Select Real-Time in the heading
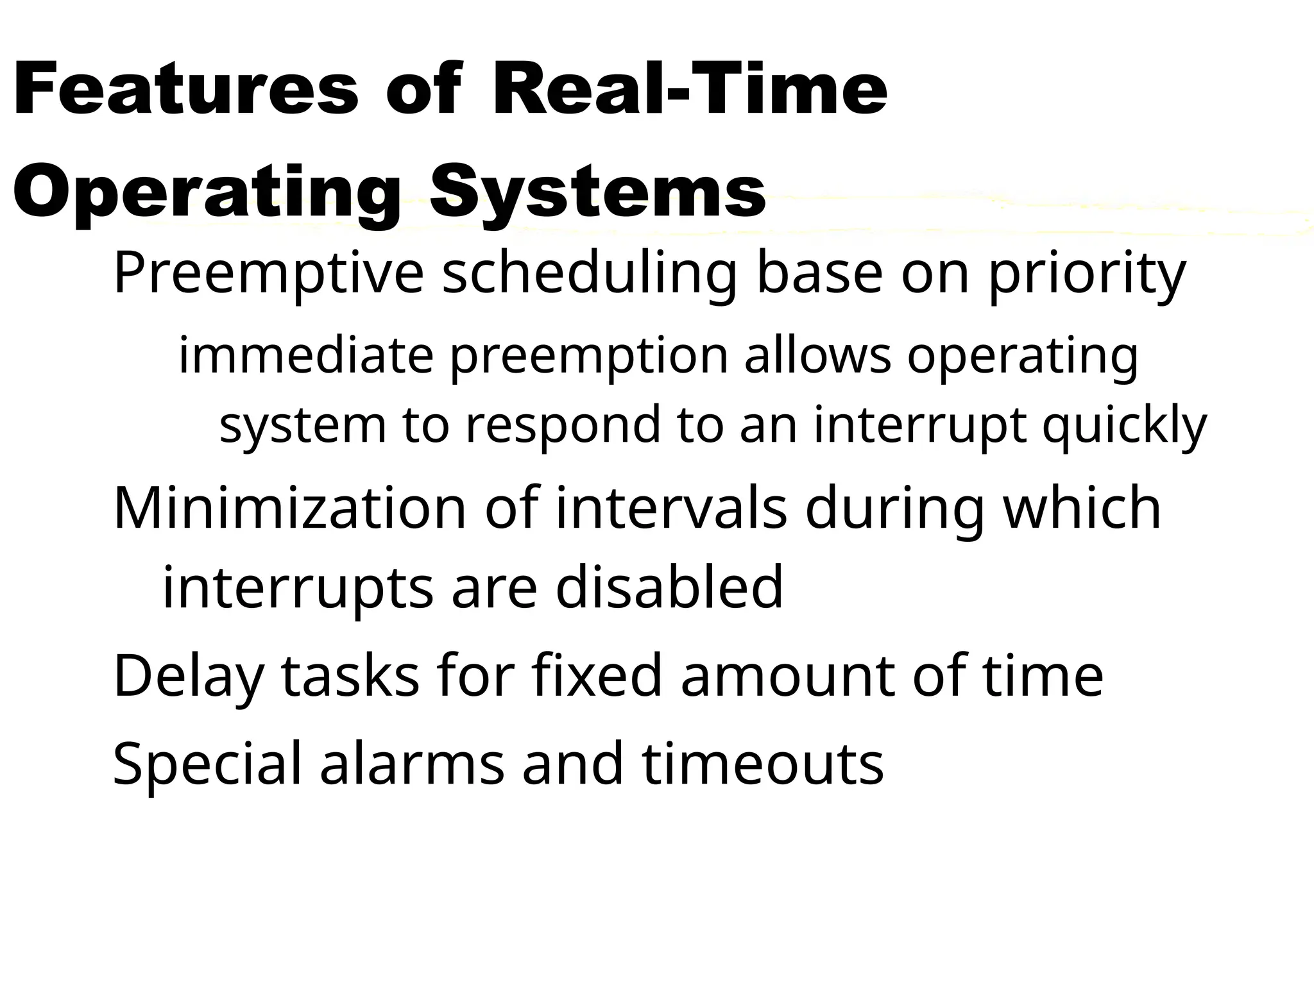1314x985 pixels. pos(690,90)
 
